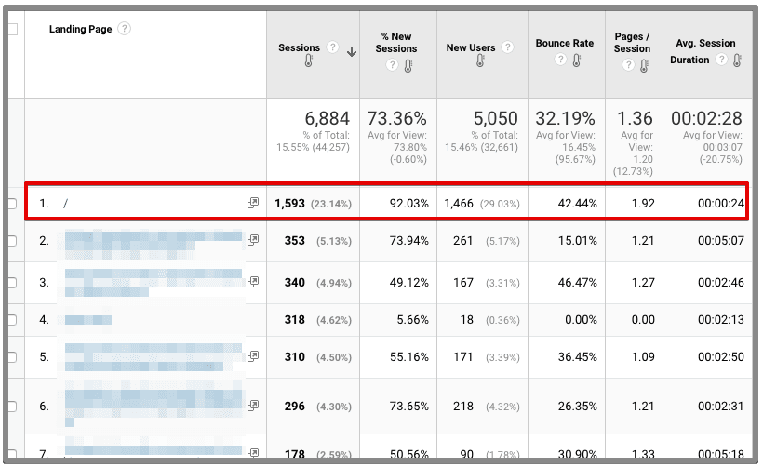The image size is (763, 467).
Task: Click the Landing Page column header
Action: coord(80,30)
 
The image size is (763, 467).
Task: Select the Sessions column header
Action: coord(299,47)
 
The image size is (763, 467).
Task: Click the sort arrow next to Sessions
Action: coord(352,52)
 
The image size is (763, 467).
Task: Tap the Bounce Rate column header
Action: coord(564,43)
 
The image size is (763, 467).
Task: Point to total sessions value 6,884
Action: coord(327,118)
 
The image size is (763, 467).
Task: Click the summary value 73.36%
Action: coord(396,118)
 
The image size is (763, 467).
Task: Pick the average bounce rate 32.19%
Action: coord(565,118)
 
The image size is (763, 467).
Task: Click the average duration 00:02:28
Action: coord(706,118)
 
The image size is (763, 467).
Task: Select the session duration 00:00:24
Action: coord(720,203)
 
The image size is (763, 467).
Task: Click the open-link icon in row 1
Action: coord(253,203)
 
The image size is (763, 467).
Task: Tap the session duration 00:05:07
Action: coord(720,241)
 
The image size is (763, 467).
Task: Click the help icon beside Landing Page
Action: coord(124,29)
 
